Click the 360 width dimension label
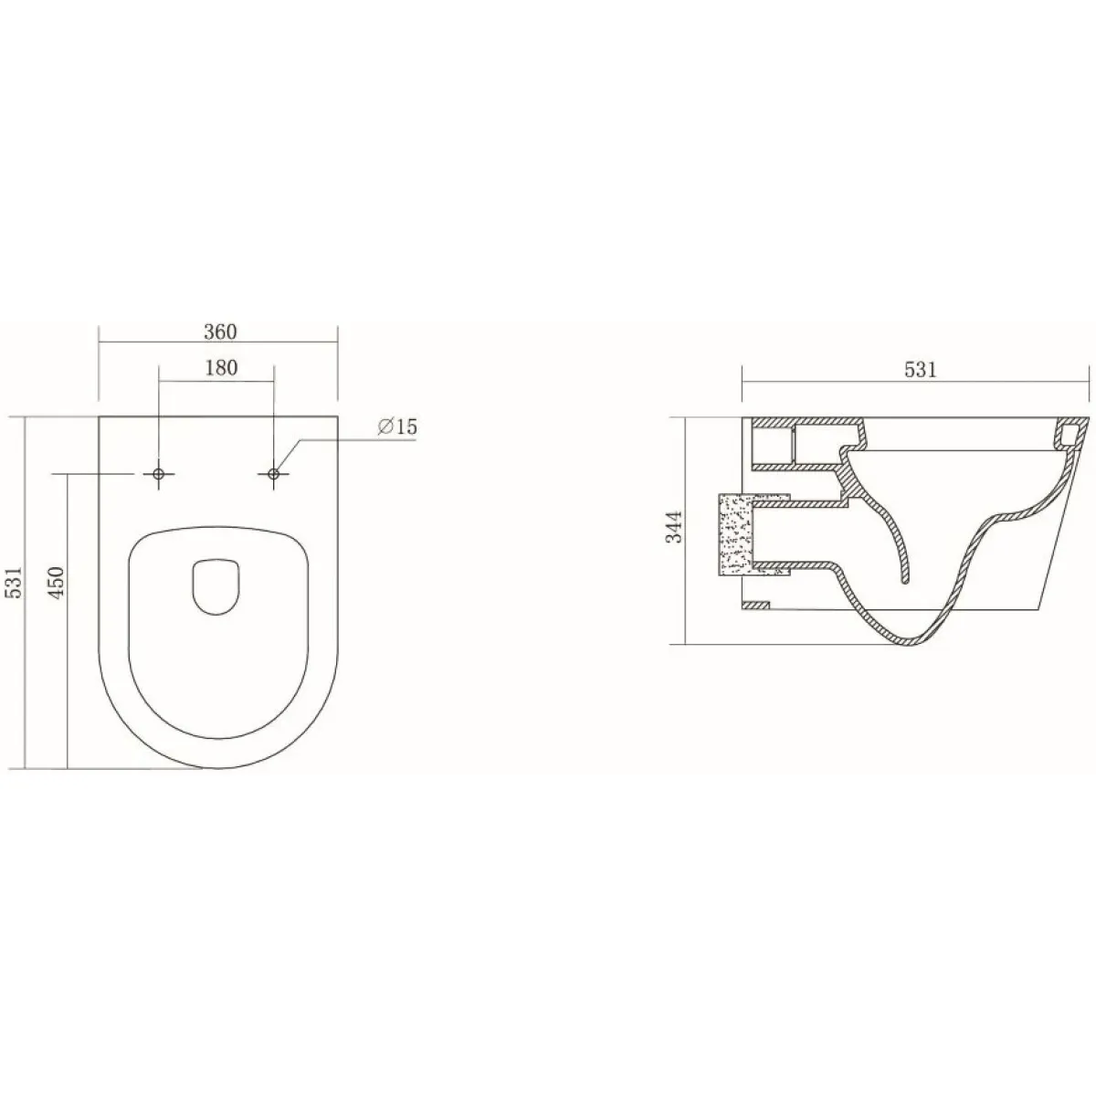[220, 332]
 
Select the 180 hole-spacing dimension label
[221, 368]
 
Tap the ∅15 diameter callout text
[397, 427]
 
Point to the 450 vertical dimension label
[56, 582]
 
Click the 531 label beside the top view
[14, 582]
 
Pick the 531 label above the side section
[921, 370]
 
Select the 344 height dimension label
[674, 527]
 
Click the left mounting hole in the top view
[159, 473]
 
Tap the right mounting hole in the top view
[274, 473]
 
